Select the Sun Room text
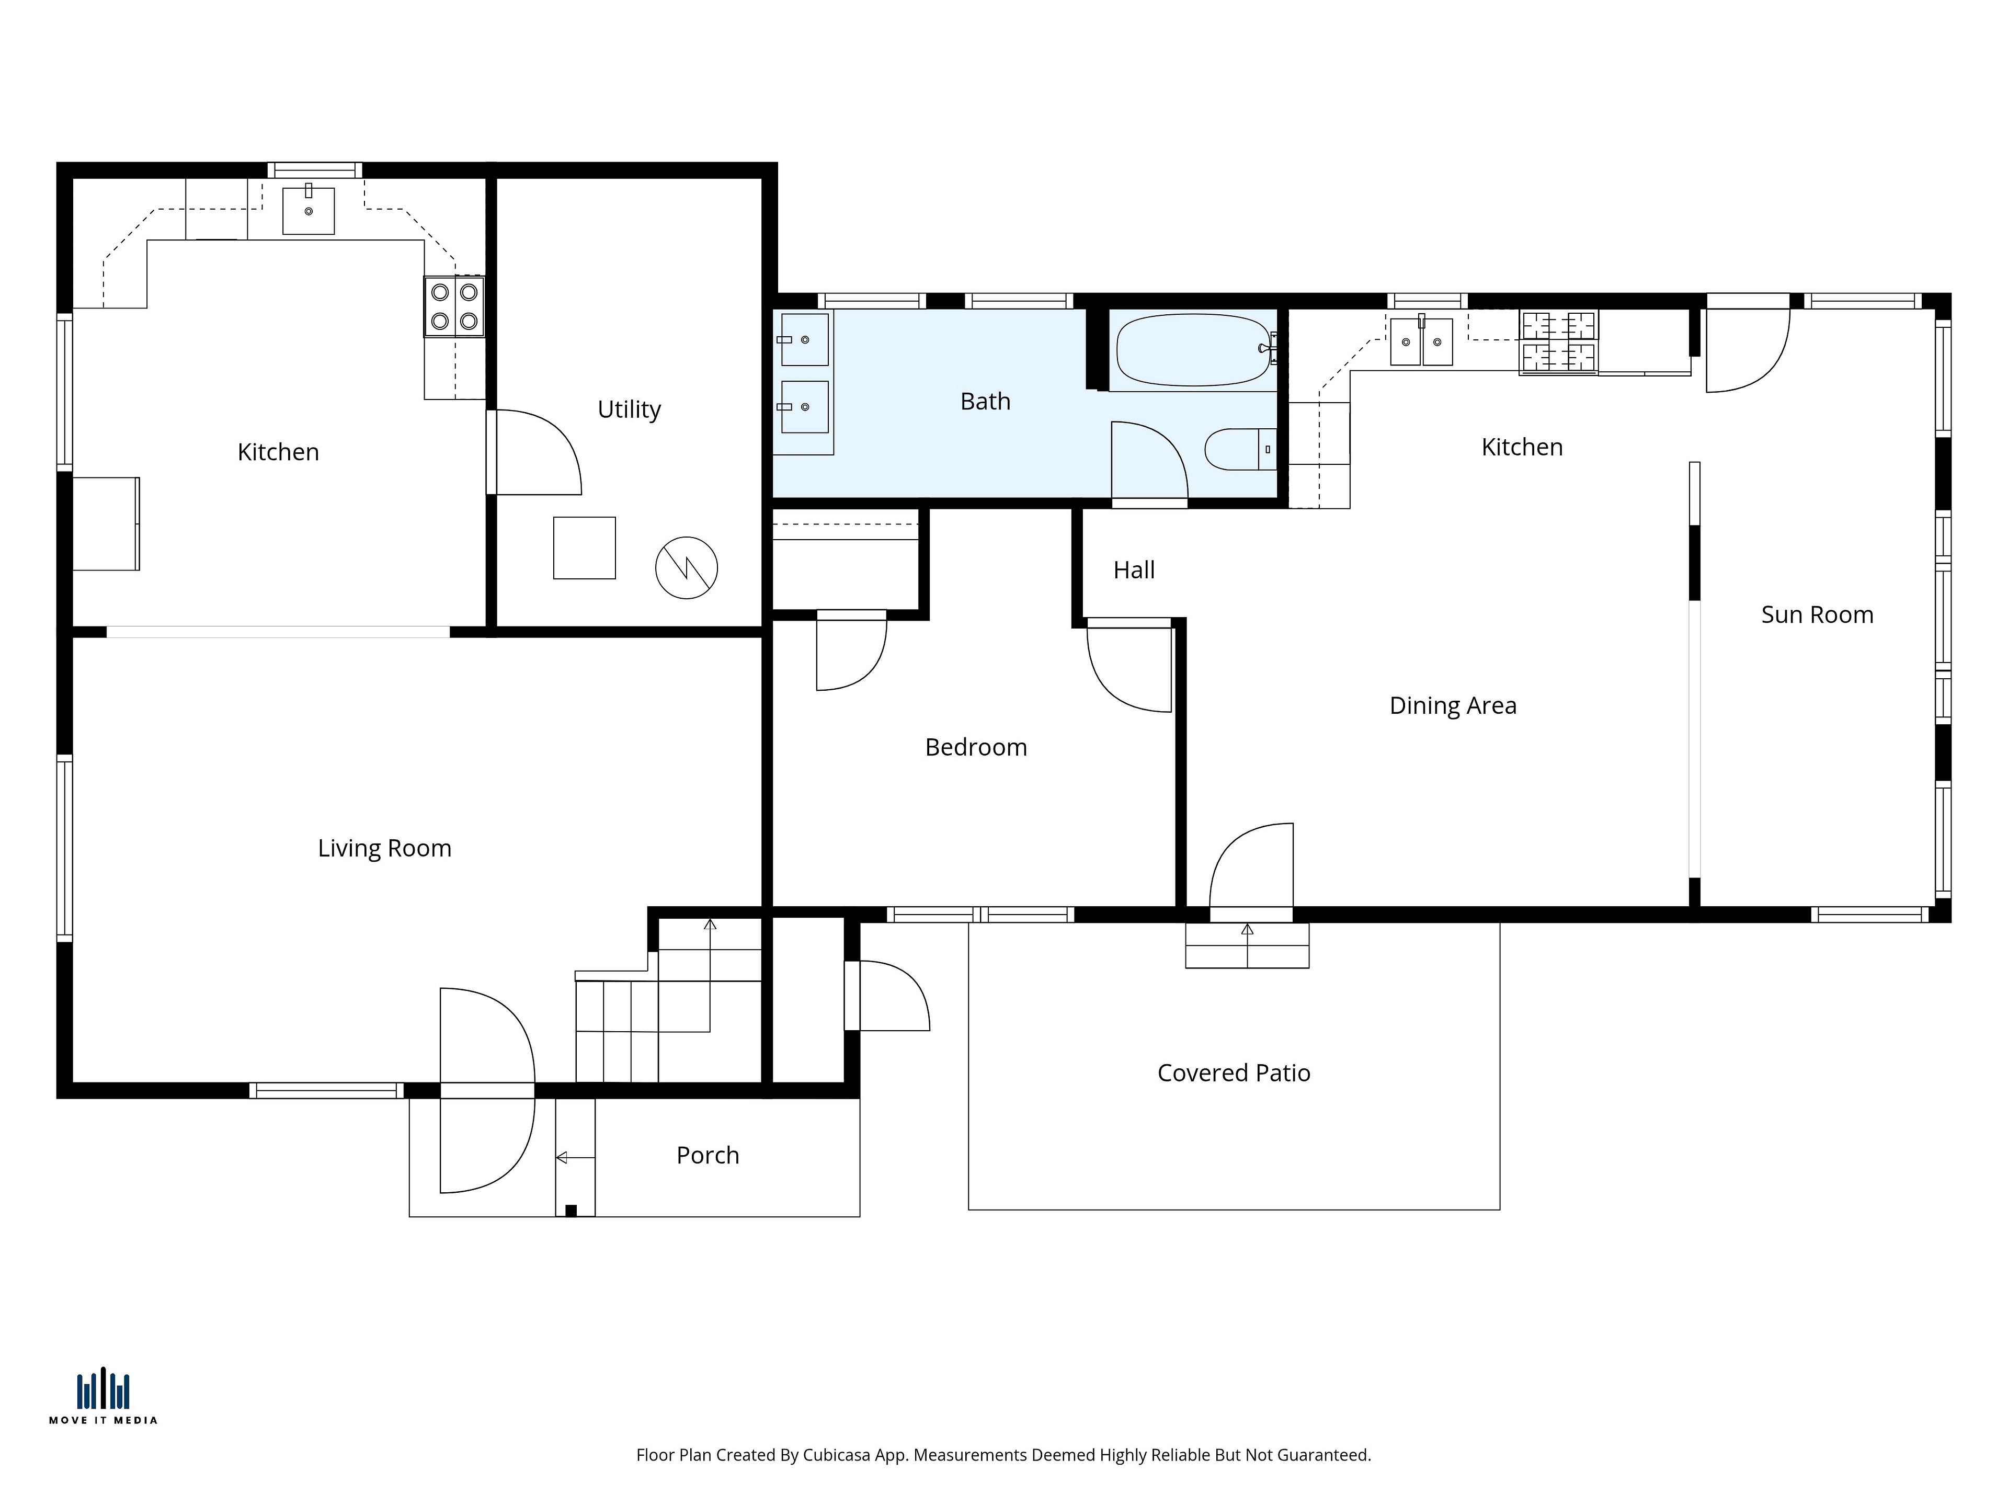click(x=1817, y=614)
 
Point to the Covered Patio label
click(x=1234, y=1073)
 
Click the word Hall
click(x=1134, y=570)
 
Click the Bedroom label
click(x=976, y=747)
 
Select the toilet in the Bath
click(x=1240, y=449)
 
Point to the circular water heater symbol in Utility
click(x=686, y=567)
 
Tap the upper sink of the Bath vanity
click(x=804, y=339)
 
